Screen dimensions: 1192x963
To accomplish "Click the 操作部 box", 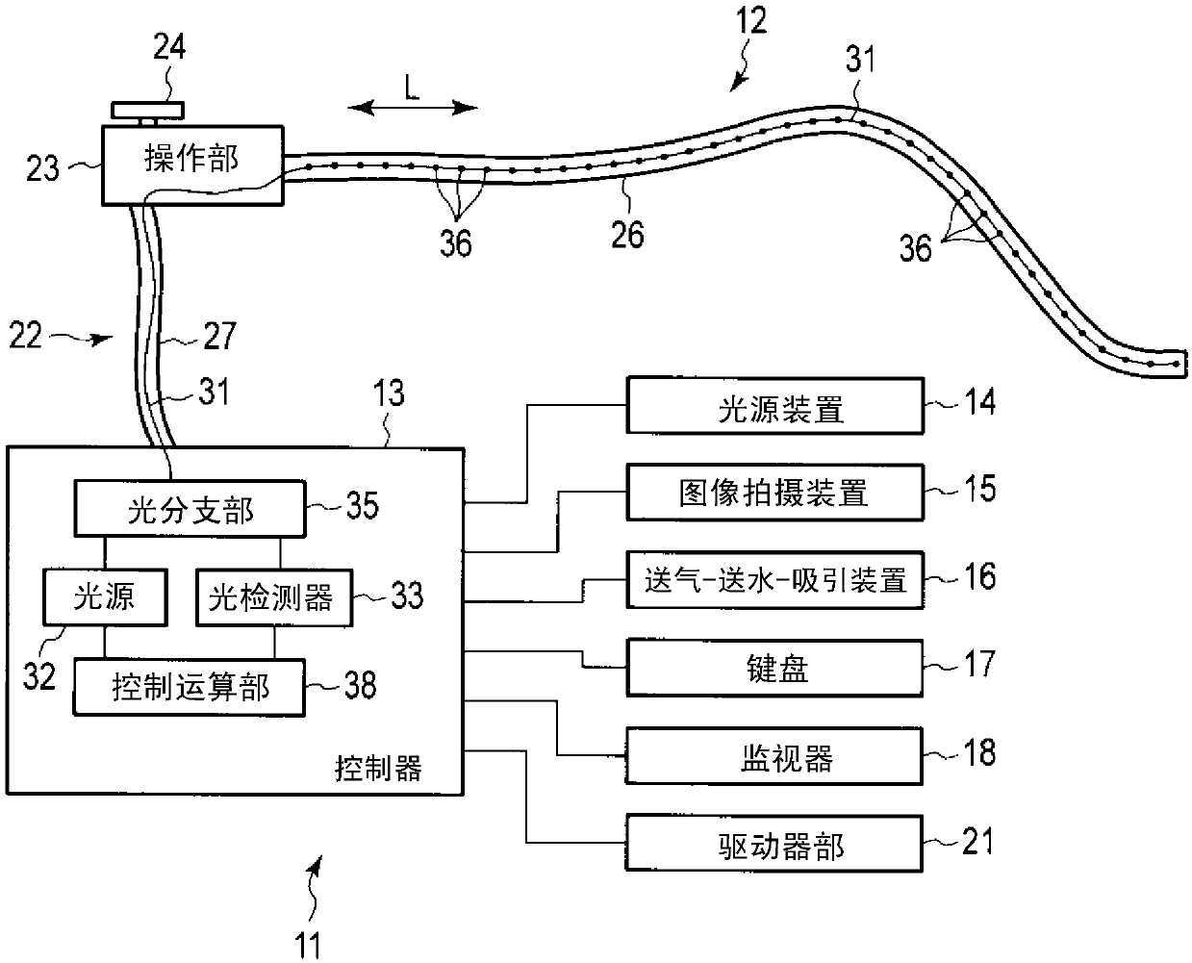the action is (192, 165).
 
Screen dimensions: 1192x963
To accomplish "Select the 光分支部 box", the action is (190, 509).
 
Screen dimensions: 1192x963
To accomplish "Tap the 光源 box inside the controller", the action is (105, 597).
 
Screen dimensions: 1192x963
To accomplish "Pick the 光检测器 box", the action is (274, 597).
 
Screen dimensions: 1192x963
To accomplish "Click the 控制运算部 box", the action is (190, 687).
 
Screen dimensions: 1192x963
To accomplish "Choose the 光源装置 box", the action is (775, 406).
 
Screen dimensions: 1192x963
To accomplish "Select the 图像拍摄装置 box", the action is (775, 493).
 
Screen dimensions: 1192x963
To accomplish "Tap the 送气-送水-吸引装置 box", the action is (775, 580).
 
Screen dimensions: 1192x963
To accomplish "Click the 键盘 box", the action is (775, 668).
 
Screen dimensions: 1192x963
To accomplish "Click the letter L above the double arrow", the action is (412, 88).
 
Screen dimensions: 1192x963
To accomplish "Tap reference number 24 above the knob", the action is (169, 46).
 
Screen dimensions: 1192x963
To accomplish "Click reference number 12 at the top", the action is (751, 20).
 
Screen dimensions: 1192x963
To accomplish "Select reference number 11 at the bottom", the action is (307, 945).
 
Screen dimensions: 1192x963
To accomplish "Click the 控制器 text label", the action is (378, 768).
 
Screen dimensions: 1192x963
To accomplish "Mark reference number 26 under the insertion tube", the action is (627, 235).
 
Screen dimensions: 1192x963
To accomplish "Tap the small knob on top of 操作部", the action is (148, 111).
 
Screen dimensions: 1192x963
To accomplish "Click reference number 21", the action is (977, 841).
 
